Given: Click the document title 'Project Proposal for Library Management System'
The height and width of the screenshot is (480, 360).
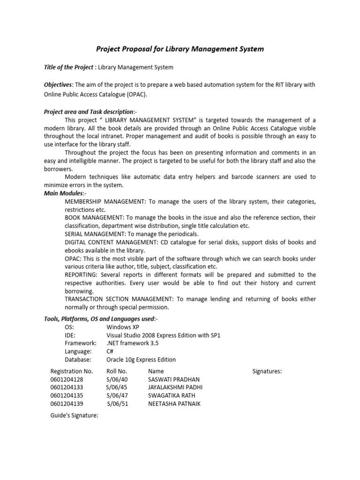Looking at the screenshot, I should (180, 49).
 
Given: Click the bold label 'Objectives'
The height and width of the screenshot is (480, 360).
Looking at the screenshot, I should (58, 84).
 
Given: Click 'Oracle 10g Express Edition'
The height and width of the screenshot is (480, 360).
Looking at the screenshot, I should (141, 360).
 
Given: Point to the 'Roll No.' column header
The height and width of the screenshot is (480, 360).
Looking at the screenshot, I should (117, 371).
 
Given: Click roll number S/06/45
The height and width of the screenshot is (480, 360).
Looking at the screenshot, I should (117, 387).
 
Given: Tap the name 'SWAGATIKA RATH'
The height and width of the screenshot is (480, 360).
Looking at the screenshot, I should (169, 396).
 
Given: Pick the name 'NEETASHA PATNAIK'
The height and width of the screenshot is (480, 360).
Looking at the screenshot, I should (174, 404).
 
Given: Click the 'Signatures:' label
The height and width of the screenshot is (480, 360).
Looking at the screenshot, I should (267, 371).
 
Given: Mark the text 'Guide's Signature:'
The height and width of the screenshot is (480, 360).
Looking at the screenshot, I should (74, 415).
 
